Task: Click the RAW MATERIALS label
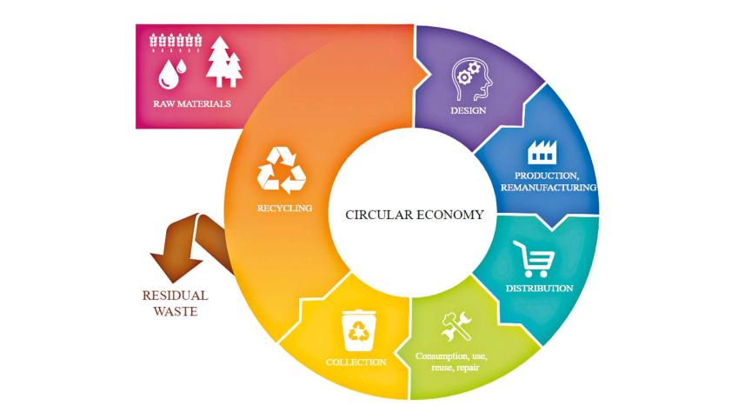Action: pos(192,103)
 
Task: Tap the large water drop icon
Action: pos(168,76)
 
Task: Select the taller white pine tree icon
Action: pos(218,62)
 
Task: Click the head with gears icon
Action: pos(471,79)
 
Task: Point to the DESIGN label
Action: pos(469,110)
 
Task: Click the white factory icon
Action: pos(542,152)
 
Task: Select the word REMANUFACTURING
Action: pos(549,188)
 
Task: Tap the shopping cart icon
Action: pos(534,259)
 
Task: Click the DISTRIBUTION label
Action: pos(539,289)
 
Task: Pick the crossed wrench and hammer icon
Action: pos(456,326)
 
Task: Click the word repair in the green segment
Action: pos(468,368)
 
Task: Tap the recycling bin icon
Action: pos(359,330)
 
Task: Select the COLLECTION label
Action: pos(356,362)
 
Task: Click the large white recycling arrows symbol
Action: pos(282,170)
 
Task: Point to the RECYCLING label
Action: pos(284,208)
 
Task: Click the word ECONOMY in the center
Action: pos(449,216)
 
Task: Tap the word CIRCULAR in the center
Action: pos(379,216)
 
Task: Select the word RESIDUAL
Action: pos(175,296)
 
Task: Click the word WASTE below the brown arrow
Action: pos(176,311)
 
